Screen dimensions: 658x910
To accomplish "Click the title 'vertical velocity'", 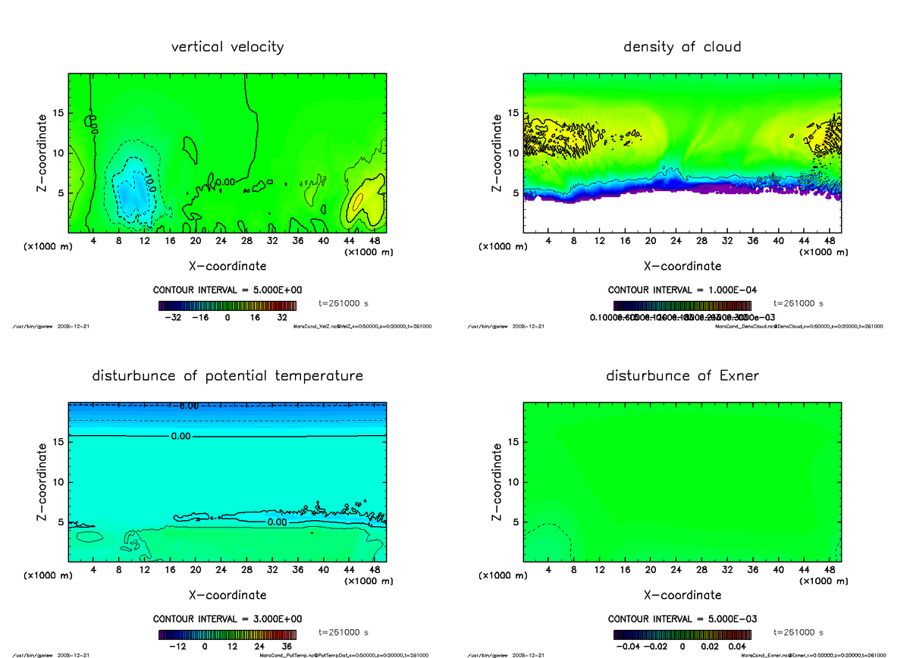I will click(227, 47).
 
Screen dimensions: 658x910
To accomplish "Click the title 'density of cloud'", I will click(682, 47).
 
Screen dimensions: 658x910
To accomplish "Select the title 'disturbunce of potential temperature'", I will click(227, 376).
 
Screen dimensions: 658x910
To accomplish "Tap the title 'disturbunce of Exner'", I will click(682, 376).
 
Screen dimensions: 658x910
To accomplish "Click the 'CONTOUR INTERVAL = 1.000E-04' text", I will click(682, 290).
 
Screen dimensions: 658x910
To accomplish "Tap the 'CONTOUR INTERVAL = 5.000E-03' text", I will click(682, 619).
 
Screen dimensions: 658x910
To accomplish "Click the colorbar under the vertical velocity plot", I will click(227, 305).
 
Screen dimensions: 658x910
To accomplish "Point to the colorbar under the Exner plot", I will click(682, 634).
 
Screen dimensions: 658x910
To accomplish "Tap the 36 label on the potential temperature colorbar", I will click(287, 647).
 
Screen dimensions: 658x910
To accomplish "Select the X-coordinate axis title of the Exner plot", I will click(682, 595).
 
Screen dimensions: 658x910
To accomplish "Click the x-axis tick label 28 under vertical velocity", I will click(246, 241).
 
